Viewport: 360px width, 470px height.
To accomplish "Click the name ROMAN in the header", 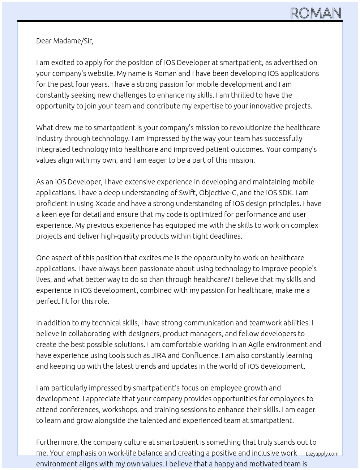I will coord(316,13).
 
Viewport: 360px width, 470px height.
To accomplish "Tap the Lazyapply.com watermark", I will coord(322,454).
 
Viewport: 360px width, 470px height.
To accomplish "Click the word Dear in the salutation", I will coord(44,41).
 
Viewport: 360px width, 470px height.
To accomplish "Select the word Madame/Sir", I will coord(73,41).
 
